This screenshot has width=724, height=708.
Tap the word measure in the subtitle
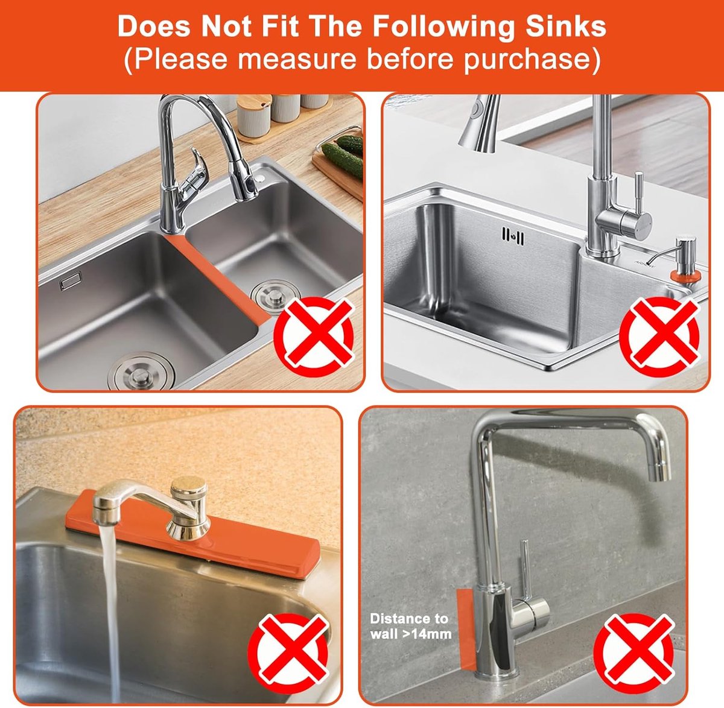(x=297, y=58)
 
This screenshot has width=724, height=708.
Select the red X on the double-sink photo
(x=314, y=337)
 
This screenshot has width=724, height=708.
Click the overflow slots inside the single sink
(x=513, y=236)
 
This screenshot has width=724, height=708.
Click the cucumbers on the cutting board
(x=344, y=154)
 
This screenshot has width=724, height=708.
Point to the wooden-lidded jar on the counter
(x=254, y=115)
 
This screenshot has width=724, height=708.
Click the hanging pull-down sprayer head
(x=480, y=123)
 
